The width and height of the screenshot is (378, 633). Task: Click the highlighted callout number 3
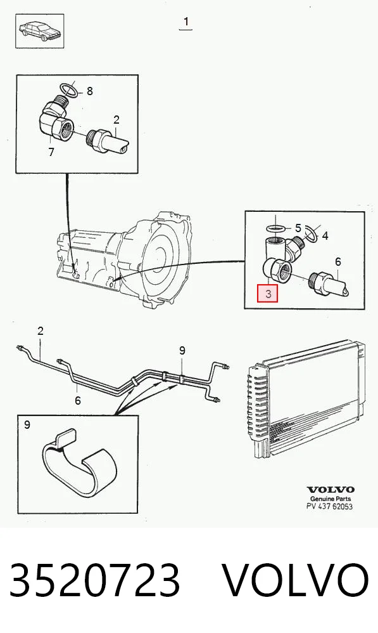pyautogui.click(x=268, y=293)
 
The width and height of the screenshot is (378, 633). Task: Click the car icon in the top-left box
pyautogui.click(x=39, y=30)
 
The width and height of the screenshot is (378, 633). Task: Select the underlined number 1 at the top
pyautogui.click(x=186, y=22)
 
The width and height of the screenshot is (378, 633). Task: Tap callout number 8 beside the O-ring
pyautogui.click(x=89, y=91)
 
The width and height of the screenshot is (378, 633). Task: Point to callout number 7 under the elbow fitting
pyautogui.click(x=51, y=153)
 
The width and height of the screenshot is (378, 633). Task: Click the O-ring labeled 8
pyautogui.click(x=68, y=89)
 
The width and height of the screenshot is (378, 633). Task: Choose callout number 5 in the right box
pyautogui.click(x=298, y=228)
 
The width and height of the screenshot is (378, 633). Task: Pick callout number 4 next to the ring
pyautogui.click(x=325, y=235)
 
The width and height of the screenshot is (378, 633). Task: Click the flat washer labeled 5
pyautogui.click(x=277, y=229)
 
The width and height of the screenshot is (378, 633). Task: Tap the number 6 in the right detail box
pyautogui.click(x=337, y=261)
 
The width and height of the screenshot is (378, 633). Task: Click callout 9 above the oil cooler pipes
pyautogui.click(x=182, y=350)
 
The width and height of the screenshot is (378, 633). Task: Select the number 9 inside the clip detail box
pyautogui.click(x=27, y=425)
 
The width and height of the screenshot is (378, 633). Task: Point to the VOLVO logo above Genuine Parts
pyautogui.click(x=331, y=490)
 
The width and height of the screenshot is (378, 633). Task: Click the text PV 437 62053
pyautogui.click(x=329, y=506)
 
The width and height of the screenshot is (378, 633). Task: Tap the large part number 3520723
pyautogui.click(x=95, y=580)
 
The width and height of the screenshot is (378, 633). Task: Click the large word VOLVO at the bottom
pyautogui.click(x=296, y=580)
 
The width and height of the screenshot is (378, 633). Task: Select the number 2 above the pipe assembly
pyautogui.click(x=41, y=331)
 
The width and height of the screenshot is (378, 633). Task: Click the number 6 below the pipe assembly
pyautogui.click(x=77, y=400)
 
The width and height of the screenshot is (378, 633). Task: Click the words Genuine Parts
pyautogui.click(x=331, y=499)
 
